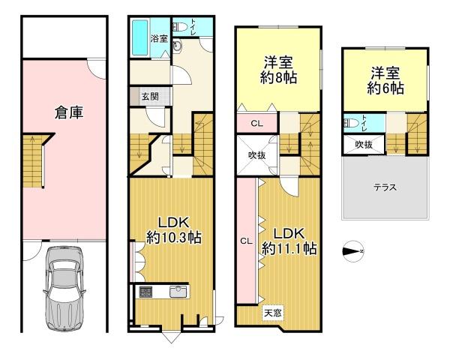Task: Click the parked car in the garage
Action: (64, 289)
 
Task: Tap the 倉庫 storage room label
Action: (69, 112)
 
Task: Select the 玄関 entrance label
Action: (150, 96)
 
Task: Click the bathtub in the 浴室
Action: (140, 37)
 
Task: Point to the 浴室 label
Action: (159, 38)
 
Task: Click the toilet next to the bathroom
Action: (180, 27)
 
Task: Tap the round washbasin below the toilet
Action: (177, 46)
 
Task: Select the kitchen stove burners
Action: (146, 292)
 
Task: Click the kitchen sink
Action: (178, 292)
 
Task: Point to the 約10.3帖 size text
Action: (174, 238)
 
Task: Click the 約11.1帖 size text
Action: (289, 248)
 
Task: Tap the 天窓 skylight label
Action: (273, 313)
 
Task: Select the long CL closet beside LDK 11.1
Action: (246, 241)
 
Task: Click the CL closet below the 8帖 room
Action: (256, 124)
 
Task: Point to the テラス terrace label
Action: (385, 187)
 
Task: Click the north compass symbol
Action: (353, 251)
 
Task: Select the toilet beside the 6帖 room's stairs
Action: (351, 124)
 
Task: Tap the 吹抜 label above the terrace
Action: (364, 145)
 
